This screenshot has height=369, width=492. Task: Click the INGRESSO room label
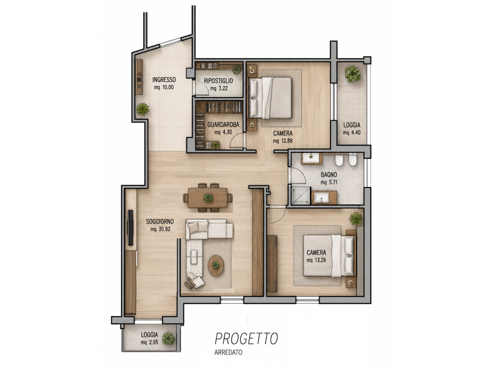tap(164, 80)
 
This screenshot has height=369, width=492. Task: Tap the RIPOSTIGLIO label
tap(219, 81)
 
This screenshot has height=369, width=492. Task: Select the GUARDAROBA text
tap(223, 125)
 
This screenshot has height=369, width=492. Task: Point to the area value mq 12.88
tap(283, 141)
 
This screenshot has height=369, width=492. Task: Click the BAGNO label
tap(329, 175)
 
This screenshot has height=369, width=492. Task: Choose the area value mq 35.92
tap(160, 229)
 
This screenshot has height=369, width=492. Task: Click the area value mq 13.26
tap(316, 260)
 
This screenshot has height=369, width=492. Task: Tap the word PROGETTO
tap(246, 339)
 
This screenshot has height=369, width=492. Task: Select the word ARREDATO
tap(228, 352)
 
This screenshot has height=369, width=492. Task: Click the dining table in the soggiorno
tap(208, 197)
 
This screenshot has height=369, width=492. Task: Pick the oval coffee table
tap(216, 265)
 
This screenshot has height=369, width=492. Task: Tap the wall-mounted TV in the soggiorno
tap(131, 227)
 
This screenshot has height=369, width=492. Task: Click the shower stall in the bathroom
tap(301, 196)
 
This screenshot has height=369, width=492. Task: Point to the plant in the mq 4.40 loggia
tap(352, 74)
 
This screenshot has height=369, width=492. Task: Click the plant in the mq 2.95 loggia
tap(169, 339)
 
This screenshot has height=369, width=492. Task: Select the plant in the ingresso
tap(142, 109)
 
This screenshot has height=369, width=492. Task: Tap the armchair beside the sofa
tap(195, 281)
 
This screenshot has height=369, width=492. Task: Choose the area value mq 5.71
tap(329, 182)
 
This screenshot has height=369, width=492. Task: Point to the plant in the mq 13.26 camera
tap(356, 219)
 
